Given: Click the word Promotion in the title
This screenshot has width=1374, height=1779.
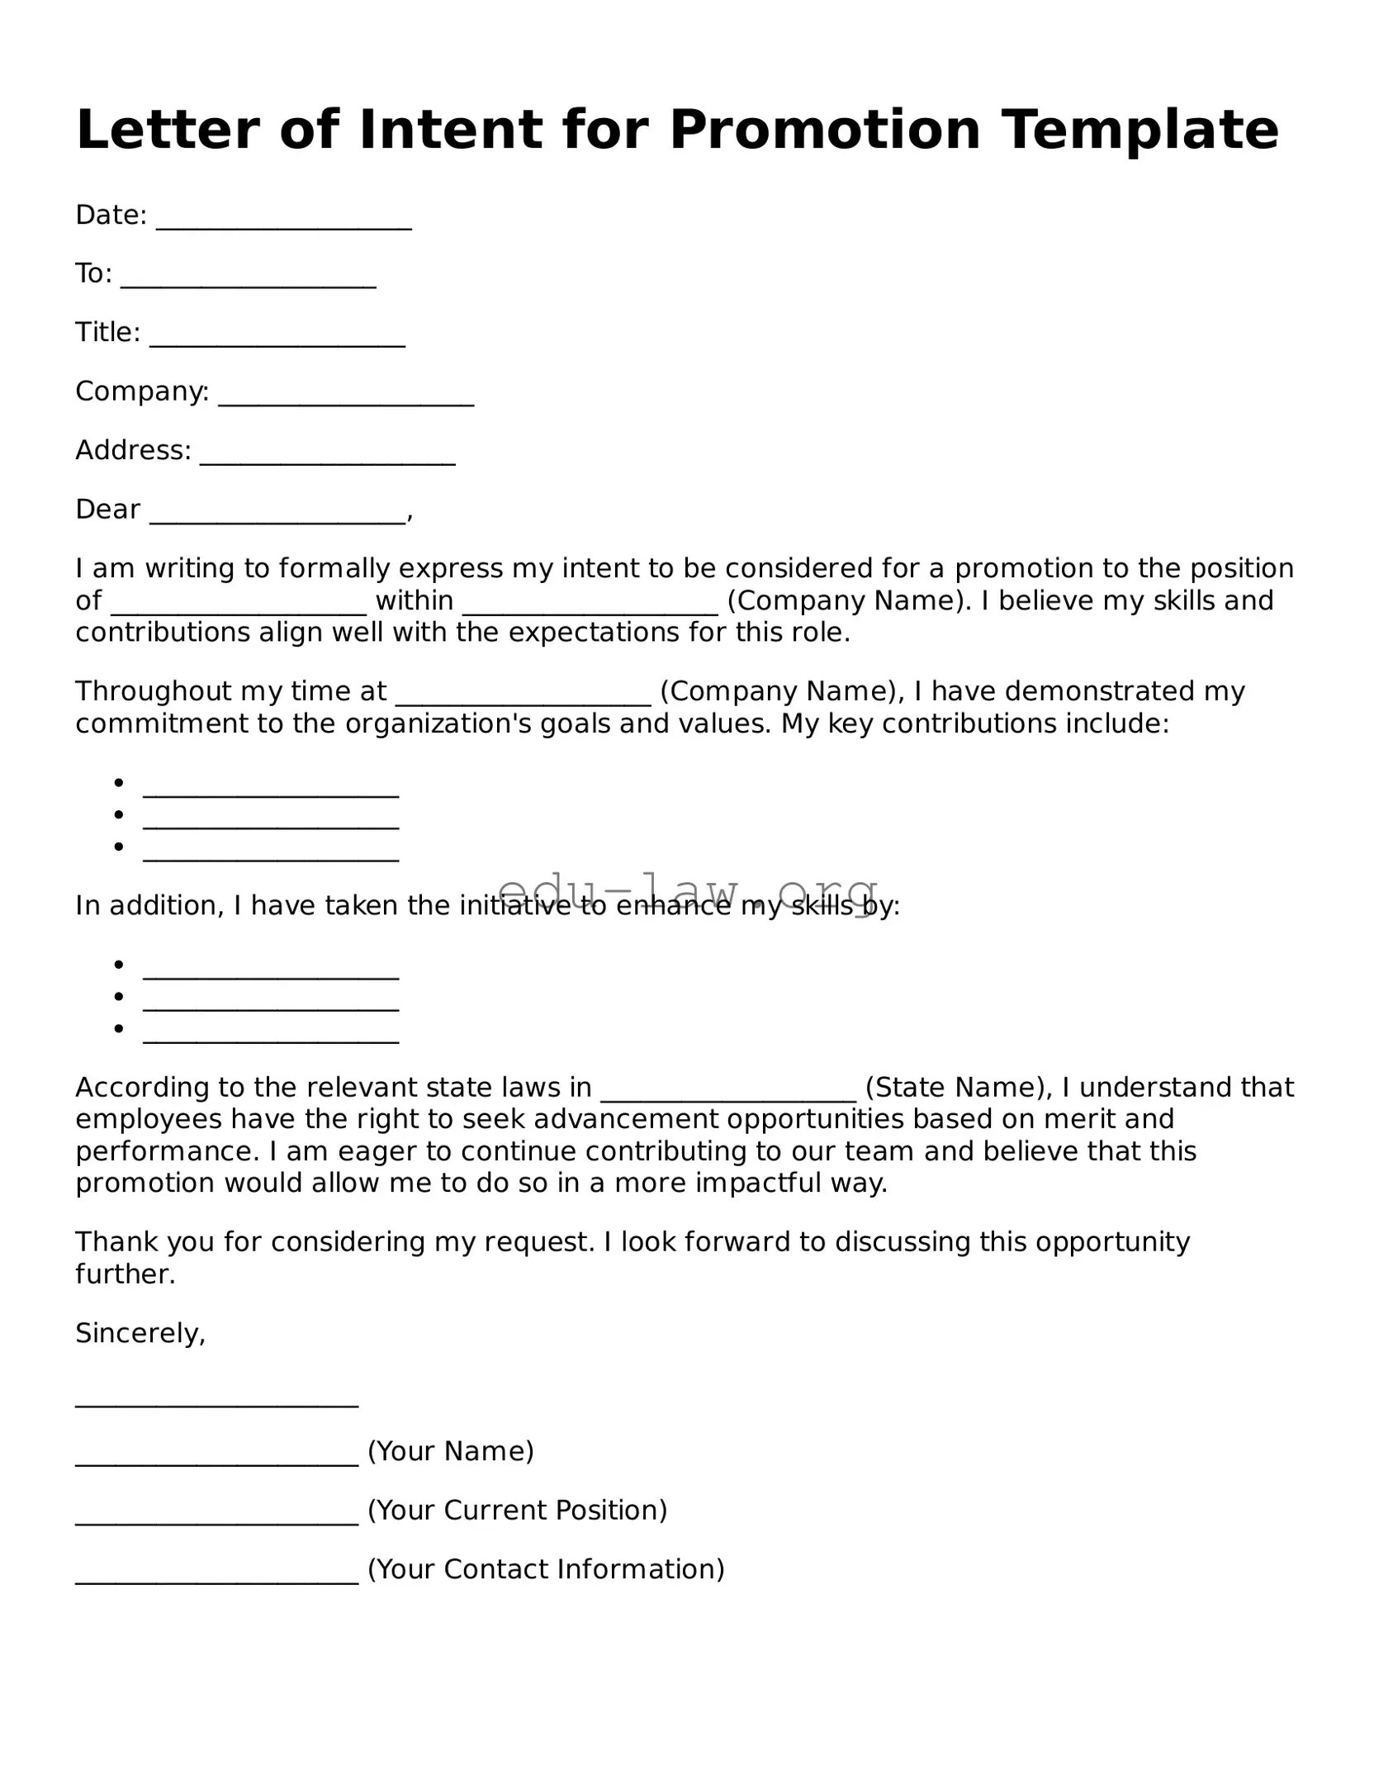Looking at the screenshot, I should pos(824,130).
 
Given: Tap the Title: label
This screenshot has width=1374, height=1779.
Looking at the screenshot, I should pos(107,333).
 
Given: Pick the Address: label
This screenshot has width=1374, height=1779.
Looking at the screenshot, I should pos(133,451).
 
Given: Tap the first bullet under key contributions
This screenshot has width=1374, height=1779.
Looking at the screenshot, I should pos(271,793).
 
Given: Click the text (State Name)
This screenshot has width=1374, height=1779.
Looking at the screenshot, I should pos(955,1088).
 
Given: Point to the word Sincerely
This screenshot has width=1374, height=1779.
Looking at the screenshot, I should pos(140,1333).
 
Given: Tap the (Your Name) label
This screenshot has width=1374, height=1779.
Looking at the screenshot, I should pos(450,1451).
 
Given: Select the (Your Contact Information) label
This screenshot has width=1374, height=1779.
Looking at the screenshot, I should pos(545,1569).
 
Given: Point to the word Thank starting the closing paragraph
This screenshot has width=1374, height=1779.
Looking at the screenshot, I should pos(112,1242).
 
